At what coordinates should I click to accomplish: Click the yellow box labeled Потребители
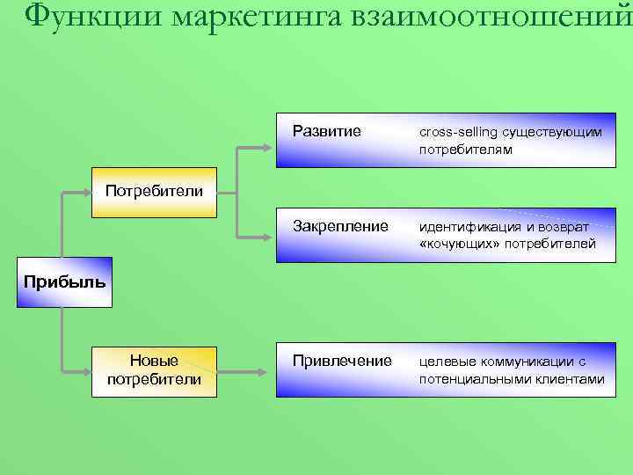[x=154, y=191]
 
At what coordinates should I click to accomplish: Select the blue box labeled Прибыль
[x=64, y=282]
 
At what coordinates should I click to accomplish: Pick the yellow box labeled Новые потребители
[x=154, y=370]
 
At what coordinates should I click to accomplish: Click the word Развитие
[x=326, y=132]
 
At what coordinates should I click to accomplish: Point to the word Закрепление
[x=339, y=227]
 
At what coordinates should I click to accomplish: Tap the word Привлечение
[x=342, y=361]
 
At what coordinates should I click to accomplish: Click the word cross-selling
[x=457, y=132]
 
